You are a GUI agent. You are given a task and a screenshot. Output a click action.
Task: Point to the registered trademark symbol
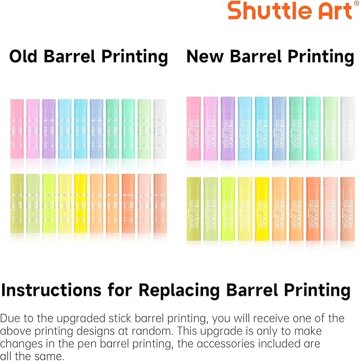click(356, 4)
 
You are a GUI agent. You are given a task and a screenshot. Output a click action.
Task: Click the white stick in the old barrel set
click(160, 128)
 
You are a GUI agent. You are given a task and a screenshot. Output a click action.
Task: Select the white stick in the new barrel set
click(347, 128)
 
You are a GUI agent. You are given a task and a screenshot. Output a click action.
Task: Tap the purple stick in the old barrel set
click(49, 128)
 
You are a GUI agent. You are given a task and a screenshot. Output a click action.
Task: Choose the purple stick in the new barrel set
click(227, 128)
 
